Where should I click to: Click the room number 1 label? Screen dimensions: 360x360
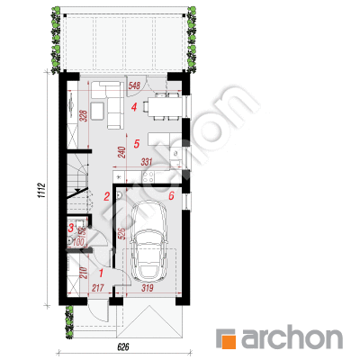point(101,274)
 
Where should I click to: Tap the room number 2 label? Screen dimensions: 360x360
point(106,197)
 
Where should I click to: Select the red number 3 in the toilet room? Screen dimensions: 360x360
point(71,228)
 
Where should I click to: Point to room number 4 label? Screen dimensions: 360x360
point(134,106)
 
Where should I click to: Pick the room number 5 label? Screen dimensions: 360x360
point(137,144)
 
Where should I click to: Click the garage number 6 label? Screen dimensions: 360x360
point(171,196)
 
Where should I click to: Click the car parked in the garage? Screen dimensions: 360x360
point(149,240)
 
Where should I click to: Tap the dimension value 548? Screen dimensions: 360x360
point(134,85)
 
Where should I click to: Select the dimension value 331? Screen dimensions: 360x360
point(147,162)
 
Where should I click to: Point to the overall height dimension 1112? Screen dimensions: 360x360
point(41,190)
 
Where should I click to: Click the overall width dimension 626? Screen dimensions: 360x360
point(123,347)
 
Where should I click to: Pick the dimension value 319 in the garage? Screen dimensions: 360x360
point(148,288)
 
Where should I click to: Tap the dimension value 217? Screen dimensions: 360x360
point(97,288)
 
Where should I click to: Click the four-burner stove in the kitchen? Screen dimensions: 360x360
point(148,176)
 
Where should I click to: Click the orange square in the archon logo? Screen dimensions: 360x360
point(229,342)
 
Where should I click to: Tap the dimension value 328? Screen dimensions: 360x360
point(84,116)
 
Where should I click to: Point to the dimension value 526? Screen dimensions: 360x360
point(122,234)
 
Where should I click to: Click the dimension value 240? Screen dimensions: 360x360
point(122,152)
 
